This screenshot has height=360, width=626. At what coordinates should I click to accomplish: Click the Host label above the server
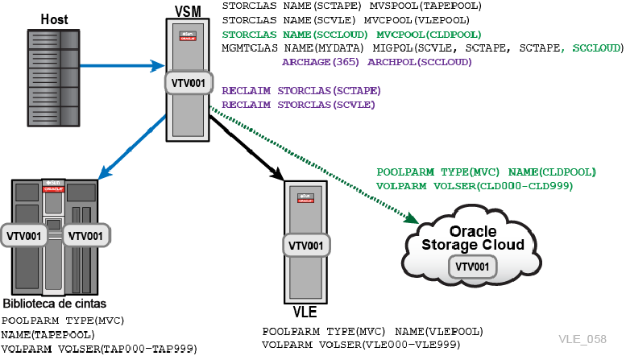pyautogui.click(x=54, y=19)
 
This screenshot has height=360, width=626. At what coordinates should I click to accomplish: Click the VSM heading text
pyautogui.click(x=188, y=11)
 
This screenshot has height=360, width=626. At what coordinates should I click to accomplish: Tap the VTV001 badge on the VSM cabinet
pyautogui.click(x=189, y=83)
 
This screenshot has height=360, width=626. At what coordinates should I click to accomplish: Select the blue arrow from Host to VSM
pyautogui.click(x=122, y=66)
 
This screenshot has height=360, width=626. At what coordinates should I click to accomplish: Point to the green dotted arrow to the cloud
pyautogui.click(x=313, y=164)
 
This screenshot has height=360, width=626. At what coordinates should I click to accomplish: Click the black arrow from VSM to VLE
pyautogui.click(x=247, y=147)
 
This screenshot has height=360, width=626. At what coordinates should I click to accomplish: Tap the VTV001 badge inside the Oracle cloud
pyautogui.click(x=472, y=267)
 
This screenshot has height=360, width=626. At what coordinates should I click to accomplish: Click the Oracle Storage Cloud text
pyautogui.click(x=473, y=238)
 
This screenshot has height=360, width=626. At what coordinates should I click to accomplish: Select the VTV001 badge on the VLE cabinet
pyautogui.click(x=306, y=246)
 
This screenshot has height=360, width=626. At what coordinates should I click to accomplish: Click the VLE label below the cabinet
pyautogui.click(x=305, y=312)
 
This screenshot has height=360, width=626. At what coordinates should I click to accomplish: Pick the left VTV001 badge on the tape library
pyautogui.click(x=23, y=236)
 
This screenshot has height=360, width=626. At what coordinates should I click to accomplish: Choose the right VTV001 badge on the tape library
pyautogui.click(x=85, y=236)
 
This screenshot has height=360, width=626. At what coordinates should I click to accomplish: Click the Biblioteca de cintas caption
pyautogui.click(x=55, y=304)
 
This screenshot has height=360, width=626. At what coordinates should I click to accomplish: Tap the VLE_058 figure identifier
pyautogui.click(x=582, y=339)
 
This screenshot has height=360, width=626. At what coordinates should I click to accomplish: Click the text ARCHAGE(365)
pyautogui.click(x=321, y=62)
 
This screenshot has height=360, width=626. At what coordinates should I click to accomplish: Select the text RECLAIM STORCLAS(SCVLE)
pyautogui.click(x=299, y=105)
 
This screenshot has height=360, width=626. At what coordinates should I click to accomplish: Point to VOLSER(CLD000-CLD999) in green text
pyautogui.click(x=503, y=186)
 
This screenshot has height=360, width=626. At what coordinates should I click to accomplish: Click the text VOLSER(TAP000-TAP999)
pyautogui.click(x=128, y=350)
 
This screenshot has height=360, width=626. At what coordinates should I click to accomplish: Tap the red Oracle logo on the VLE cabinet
pyautogui.click(x=305, y=201)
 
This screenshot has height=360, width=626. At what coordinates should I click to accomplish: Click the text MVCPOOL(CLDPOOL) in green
pyautogui.click(x=429, y=35)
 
